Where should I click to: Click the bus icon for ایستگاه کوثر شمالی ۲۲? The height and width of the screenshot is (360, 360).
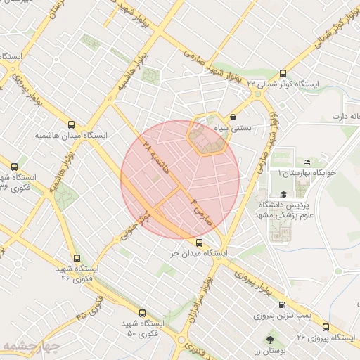[x=283, y=73]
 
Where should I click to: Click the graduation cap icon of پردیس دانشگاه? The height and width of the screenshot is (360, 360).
[x=283, y=195]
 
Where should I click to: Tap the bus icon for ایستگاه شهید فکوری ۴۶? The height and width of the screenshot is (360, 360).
[x=77, y=258]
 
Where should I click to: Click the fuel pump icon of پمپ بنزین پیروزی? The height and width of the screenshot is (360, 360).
[x=283, y=305]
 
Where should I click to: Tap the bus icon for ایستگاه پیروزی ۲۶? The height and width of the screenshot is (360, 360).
[x=325, y=327]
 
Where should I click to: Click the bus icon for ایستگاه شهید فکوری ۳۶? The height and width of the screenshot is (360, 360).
[x=14, y=167]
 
